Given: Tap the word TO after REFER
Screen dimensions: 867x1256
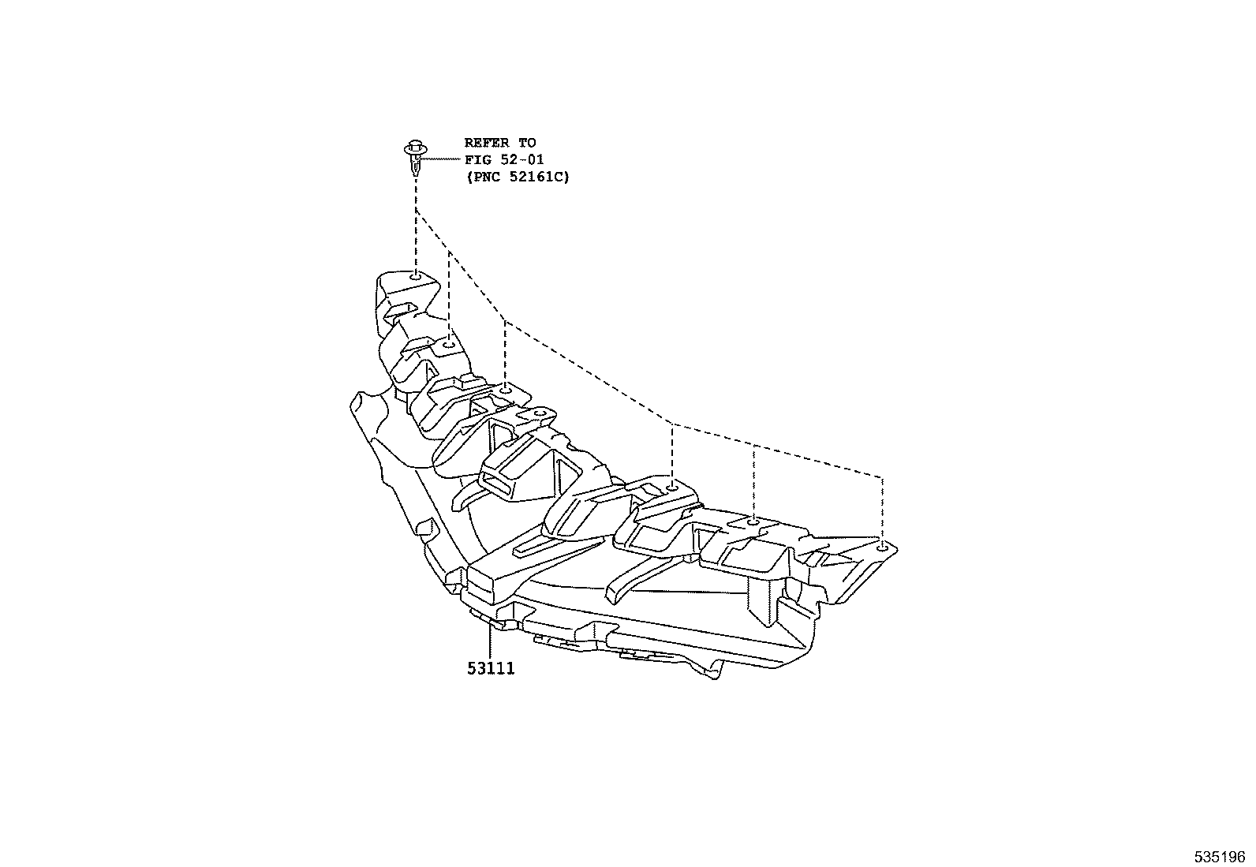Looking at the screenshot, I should coord(527,143).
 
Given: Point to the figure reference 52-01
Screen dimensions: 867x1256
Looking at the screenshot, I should coord(524,159).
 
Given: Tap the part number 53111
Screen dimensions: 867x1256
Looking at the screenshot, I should coord(490,669).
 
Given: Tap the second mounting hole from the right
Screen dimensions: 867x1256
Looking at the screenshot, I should coord(753,521).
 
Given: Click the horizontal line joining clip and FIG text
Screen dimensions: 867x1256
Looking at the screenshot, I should coord(443,159).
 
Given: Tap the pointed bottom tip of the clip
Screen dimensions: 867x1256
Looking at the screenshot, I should coord(414,174).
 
